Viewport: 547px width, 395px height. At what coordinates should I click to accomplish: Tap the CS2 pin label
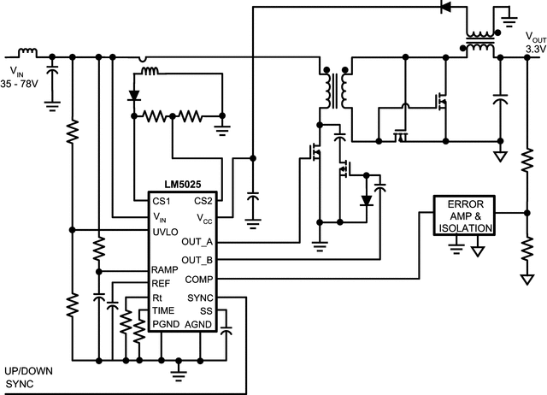point(203,201)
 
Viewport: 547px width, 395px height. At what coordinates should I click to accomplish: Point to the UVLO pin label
point(166,232)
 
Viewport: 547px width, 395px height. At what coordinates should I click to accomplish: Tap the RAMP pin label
point(166,270)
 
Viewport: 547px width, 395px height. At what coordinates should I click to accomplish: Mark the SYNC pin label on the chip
point(199,298)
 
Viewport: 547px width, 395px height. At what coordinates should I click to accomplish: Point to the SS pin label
point(205,311)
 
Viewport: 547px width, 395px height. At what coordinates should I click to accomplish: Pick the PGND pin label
point(166,325)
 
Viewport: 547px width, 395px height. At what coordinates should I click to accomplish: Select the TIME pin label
point(163,310)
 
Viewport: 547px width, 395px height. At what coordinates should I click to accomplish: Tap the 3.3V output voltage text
point(535,50)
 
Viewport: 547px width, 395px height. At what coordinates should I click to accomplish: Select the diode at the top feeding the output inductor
point(444,8)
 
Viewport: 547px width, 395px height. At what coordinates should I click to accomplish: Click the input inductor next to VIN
point(27,50)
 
